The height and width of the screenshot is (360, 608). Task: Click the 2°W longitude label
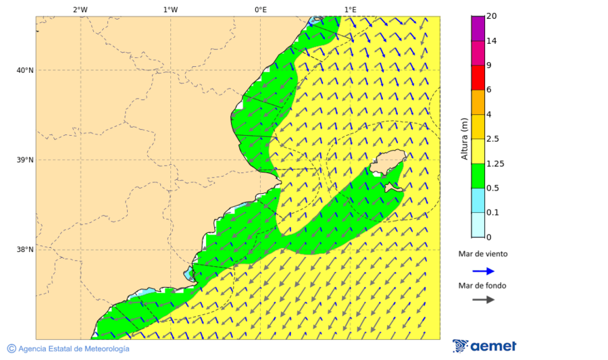[x=80, y=9]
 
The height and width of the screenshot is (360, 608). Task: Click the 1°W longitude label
[x=170, y=9]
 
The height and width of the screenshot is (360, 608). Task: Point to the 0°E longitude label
[x=260, y=9]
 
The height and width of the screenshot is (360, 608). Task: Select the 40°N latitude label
[x=25, y=70]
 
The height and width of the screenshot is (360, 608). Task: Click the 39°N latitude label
[x=25, y=160]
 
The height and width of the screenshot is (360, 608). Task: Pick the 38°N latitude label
[x=25, y=250]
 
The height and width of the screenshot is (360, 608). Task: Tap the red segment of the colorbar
[x=478, y=78]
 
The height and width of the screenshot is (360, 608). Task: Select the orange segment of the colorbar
[x=478, y=102]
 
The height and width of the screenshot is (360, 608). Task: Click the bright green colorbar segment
[x=478, y=176]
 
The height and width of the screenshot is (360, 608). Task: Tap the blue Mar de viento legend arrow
[x=483, y=271]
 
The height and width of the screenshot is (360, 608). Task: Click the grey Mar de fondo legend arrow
[x=483, y=300]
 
